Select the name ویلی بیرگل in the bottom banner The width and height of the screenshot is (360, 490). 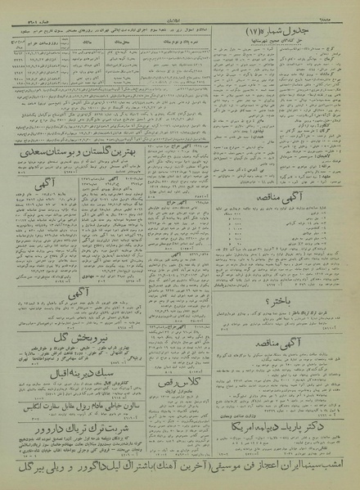coord(38,471)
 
